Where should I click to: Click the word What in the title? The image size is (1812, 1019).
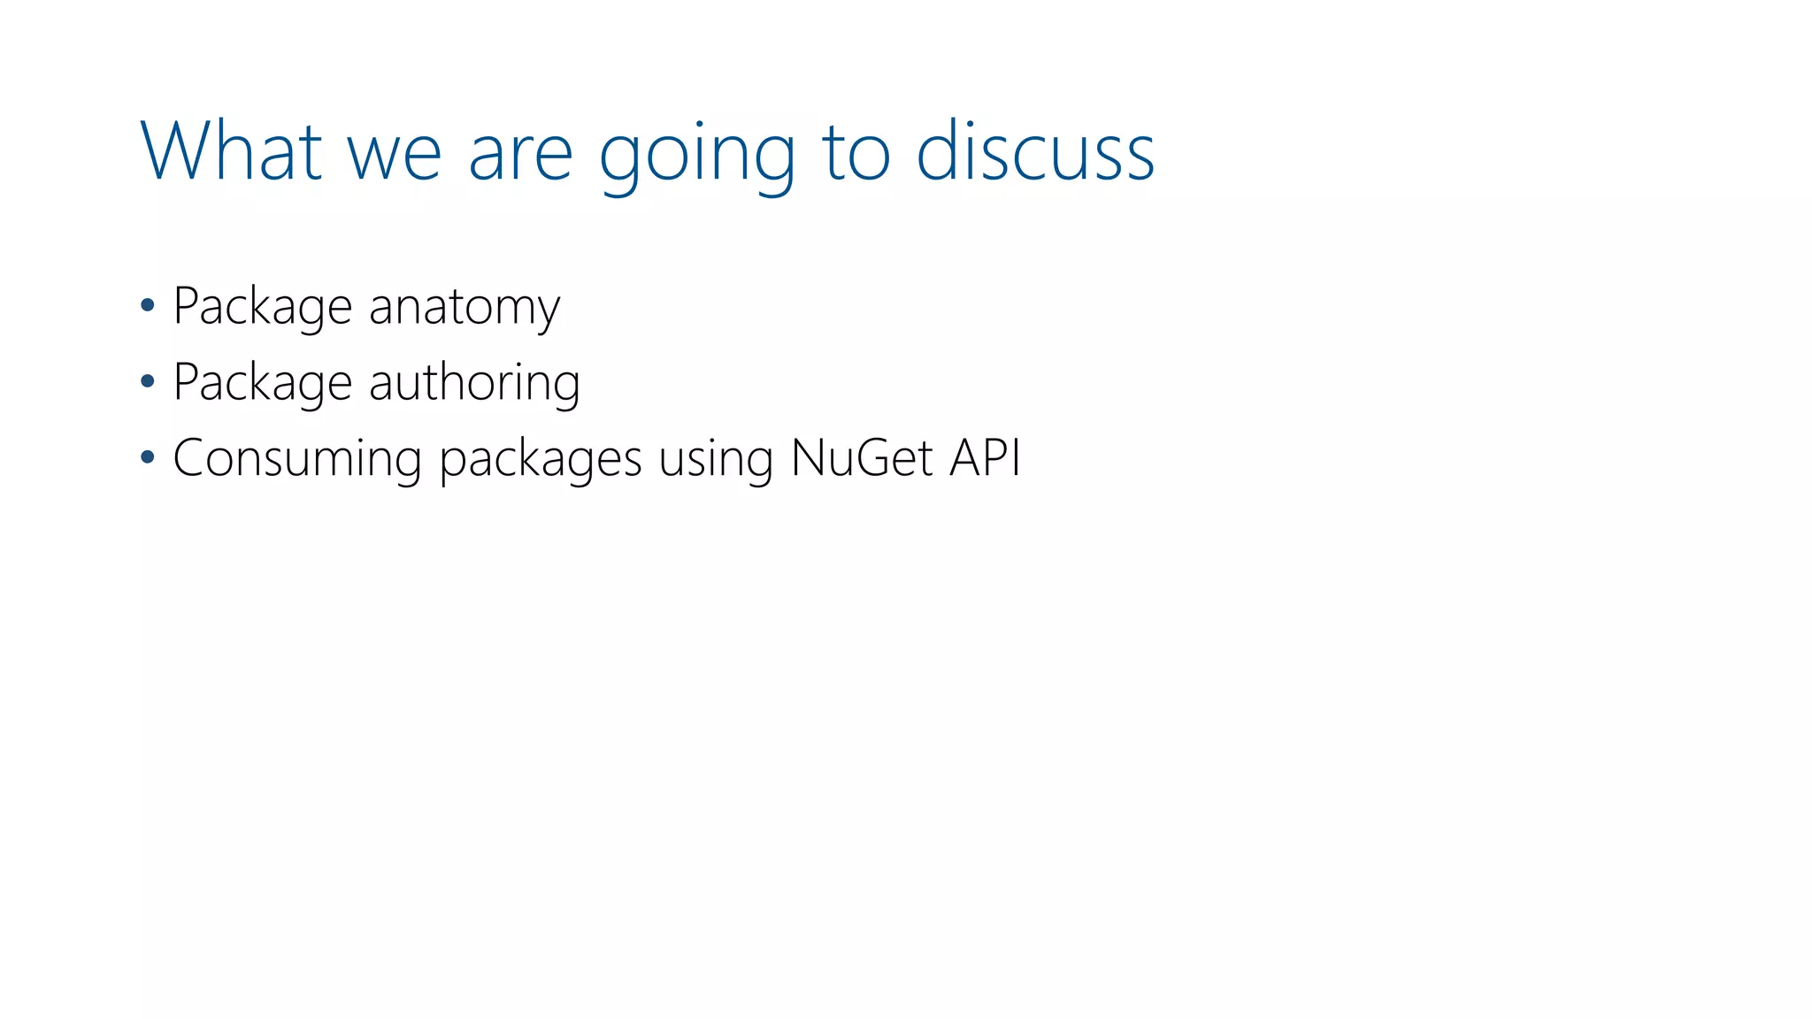[x=231, y=151]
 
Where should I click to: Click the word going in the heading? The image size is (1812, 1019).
[x=697, y=157]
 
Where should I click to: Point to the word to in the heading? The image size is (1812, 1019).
[x=856, y=154]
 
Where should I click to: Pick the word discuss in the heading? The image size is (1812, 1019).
[x=1035, y=151]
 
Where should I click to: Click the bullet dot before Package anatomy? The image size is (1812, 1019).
[x=148, y=306]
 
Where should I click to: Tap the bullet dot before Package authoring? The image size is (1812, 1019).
[x=148, y=382]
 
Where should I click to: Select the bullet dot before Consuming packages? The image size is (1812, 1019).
[x=148, y=458]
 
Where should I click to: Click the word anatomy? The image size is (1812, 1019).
[x=464, y=308]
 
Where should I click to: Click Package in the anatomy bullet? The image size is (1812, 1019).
[x=263, y=308]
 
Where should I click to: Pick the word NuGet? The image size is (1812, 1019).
[x=862, y=458]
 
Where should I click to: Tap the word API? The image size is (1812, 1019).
[x=986, y=458]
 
